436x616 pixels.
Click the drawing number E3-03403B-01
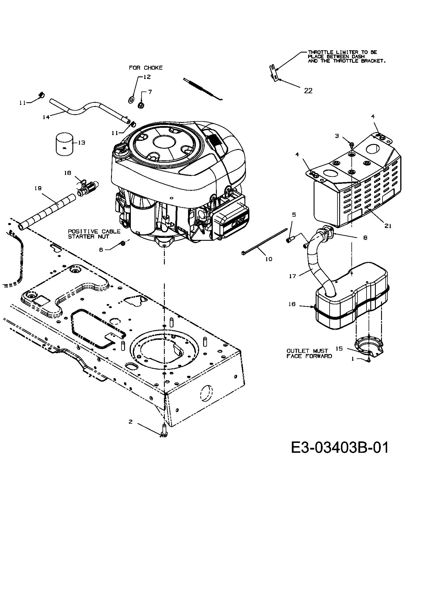point(339,448)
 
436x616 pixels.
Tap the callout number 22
point(308,91)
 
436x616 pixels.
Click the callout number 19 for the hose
point(38,188)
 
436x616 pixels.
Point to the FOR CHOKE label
point(146,68)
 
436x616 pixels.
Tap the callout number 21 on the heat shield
point(388,226)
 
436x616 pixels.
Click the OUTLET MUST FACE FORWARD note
point(309,353)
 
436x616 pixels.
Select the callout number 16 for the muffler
point(292,304)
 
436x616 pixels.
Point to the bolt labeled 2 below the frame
point(164,434)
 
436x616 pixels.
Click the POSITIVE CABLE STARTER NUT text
point(94,234)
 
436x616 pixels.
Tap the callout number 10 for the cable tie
point(269,259)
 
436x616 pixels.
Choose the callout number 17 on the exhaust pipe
point(292,276)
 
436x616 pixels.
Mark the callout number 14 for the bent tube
point(46,117)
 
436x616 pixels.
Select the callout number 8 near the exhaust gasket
point(365,238)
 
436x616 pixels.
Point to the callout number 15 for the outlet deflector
point(339,348)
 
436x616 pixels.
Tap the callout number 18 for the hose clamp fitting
point(67,173)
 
